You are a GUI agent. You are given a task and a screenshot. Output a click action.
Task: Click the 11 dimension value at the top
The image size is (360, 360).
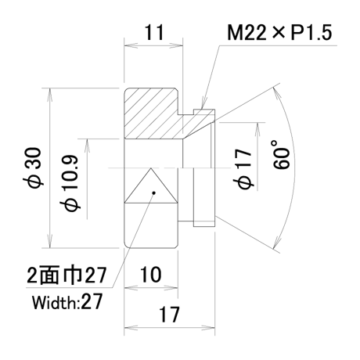(154, 33)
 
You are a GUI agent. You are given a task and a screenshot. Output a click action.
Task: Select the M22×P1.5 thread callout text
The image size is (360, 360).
(279, 33)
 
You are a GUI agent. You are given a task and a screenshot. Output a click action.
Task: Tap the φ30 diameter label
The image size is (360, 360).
(35, 167)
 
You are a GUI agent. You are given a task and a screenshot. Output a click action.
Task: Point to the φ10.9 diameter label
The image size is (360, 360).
(70, 183)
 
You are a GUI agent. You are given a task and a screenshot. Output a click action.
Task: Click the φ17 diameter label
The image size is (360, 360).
(245, 169)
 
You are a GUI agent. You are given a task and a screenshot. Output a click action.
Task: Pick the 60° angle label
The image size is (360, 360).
(281, 155)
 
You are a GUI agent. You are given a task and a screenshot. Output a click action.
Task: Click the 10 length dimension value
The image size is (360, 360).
(151, 275)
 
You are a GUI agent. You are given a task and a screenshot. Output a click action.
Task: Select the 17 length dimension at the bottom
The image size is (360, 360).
(169, 314)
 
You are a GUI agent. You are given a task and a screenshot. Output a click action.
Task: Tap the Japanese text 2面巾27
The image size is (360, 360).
(67, 275)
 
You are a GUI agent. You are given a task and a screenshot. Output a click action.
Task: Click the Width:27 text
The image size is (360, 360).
(67, 302)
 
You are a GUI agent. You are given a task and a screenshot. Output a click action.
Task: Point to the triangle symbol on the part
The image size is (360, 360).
(150, 185)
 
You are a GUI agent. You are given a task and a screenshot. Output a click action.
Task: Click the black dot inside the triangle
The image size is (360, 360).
(154, 193)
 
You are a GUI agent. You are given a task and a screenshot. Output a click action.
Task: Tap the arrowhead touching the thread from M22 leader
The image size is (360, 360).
(203, 103)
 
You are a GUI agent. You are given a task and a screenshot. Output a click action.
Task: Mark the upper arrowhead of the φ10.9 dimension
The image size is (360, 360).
(87, 146)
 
